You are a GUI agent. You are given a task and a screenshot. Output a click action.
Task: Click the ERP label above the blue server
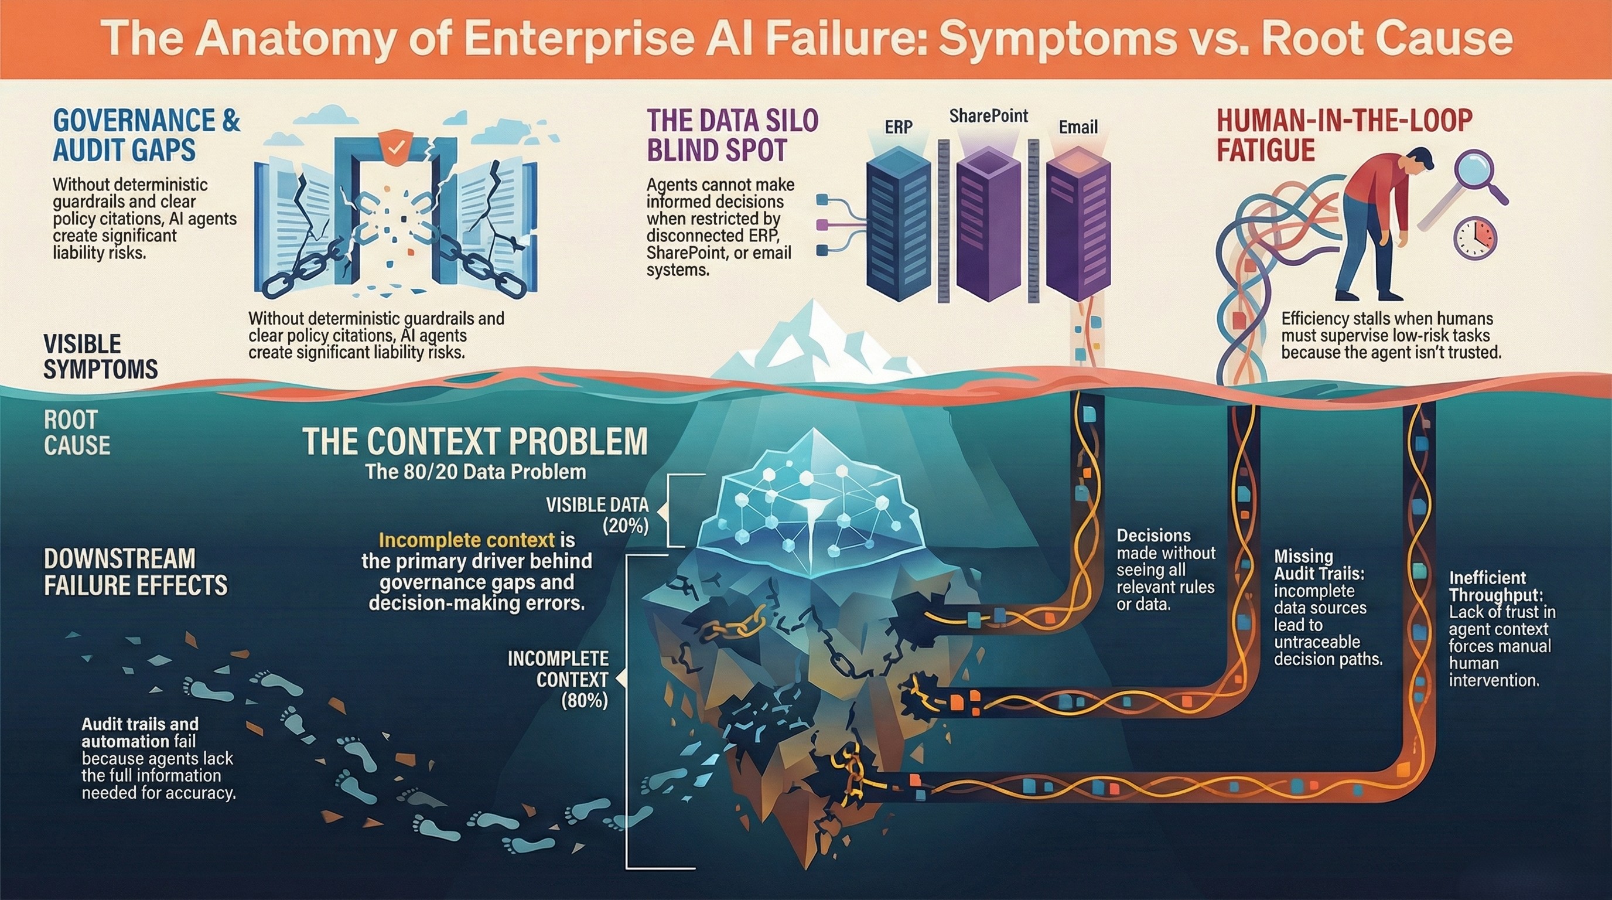point(899,127)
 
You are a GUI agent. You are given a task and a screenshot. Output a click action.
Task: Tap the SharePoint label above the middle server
point(988,116)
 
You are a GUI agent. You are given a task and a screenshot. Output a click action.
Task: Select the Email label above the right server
point(1078,127)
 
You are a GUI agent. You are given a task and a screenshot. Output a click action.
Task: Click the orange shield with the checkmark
point(395,148)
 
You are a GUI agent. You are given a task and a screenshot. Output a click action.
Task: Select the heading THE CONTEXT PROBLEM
point(475,441)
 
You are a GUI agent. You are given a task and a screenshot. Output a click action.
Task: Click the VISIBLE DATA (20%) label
point(597,515)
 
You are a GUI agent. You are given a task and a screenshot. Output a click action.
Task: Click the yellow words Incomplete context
point(467,540)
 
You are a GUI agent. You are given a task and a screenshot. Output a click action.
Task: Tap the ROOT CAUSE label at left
point(77,432)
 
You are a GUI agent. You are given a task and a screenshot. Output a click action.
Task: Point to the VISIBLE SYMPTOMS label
point(100,357)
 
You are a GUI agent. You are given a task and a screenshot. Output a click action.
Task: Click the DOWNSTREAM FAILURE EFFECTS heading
point(135,571)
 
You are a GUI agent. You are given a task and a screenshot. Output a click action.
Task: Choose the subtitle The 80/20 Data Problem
point(476,471)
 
